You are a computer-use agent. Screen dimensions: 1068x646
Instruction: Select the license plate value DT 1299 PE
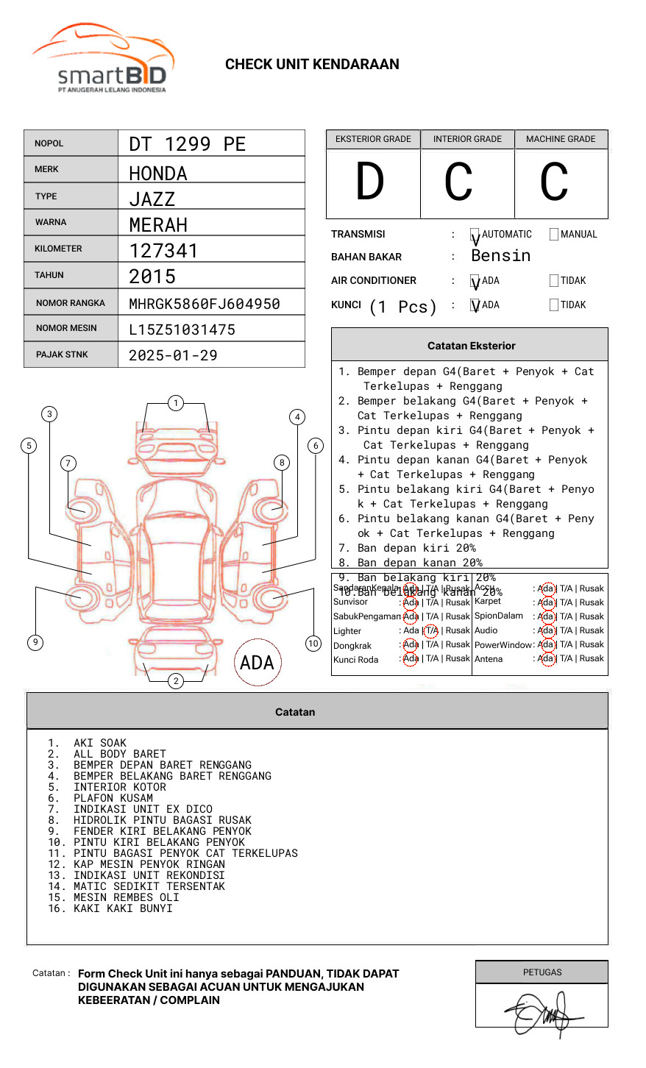point(187,144)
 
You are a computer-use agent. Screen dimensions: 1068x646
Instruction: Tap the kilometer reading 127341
point(163,251)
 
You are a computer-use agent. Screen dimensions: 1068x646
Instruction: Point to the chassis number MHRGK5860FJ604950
point(204,304)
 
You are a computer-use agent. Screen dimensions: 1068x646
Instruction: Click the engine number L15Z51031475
point(182,330)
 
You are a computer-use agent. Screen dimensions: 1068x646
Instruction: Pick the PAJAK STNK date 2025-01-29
point(173,355)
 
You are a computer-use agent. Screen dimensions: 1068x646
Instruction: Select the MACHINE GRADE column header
point(561,139)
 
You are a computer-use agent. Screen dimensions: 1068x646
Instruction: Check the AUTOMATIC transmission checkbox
point(475,235)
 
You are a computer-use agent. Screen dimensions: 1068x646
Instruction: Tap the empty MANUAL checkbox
point(554,235)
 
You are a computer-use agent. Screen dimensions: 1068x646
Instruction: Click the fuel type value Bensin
point(500,256)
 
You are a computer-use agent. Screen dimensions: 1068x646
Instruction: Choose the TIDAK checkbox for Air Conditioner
point(554,281)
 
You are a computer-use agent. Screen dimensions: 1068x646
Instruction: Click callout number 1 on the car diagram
point(175,403)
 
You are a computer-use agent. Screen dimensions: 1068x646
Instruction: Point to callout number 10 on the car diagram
point(313,644)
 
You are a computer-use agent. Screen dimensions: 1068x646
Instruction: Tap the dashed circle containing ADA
point(257,663)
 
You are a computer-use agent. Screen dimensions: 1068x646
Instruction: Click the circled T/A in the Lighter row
point(431,630)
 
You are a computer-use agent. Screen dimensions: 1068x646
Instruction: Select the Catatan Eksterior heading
point(471,346)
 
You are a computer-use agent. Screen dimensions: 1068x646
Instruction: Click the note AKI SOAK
point(99,743)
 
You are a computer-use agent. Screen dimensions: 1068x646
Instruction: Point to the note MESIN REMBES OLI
point(126,897)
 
